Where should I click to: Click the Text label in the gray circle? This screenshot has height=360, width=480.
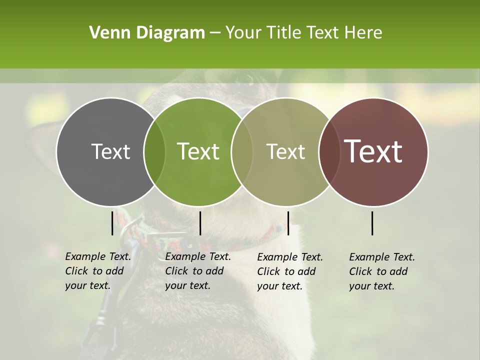[x=111, y=151]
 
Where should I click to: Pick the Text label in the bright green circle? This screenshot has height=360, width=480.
[x=198, y=151]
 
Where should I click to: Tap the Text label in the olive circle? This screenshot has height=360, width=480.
[x=286, y=151]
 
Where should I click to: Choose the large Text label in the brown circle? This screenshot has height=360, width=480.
[x=373, y=151]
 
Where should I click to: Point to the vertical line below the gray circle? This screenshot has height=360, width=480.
[x=112, y=223]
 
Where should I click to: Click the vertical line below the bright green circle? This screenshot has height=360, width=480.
[x=200, y=223]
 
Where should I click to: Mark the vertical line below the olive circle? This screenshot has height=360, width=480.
[x=288, y=223]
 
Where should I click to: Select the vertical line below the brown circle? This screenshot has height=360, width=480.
[x=372, y=223]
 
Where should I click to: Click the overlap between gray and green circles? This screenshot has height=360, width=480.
[x=154, y=151]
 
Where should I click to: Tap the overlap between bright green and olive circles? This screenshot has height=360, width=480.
[x=242, y=151]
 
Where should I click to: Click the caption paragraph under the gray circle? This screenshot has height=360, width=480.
[x=98, y=271]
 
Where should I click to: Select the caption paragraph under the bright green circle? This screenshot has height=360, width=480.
[x=198, y=271]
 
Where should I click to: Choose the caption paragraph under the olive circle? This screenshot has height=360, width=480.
[x=290, y=271]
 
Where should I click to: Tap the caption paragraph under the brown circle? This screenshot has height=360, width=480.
[x=382, y=271]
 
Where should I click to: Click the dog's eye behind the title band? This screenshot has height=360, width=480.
[x=245, y=78]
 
